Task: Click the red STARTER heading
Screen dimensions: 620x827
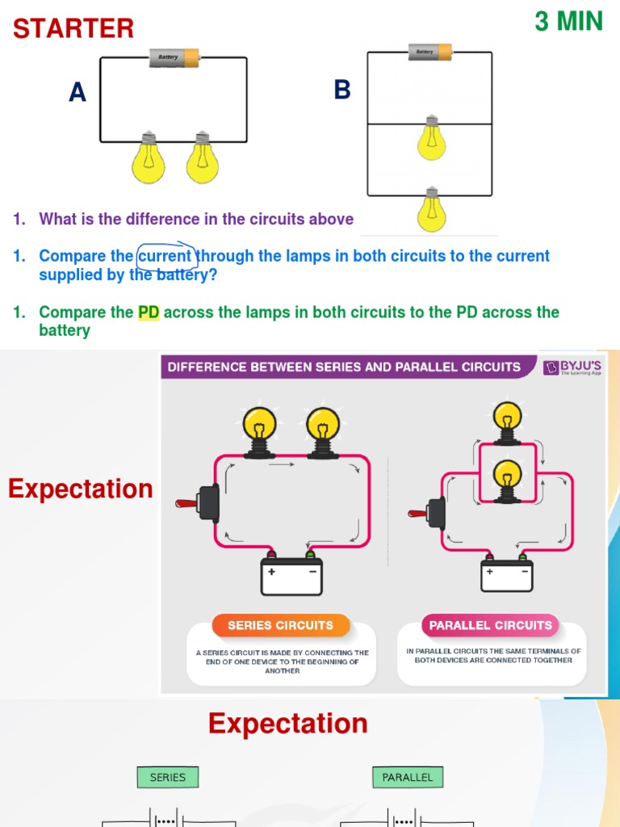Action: [x=73, y=28]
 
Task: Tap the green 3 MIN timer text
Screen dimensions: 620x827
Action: [x=568, y=22]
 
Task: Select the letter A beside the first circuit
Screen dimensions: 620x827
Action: [x=77, y=94]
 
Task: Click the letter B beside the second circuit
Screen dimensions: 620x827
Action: [x=342, y=90]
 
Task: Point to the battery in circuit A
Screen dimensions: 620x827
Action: [x=174, y=57]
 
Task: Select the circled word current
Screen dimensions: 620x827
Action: [x=165, y=256]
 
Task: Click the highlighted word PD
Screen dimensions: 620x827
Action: [x=149, y=313]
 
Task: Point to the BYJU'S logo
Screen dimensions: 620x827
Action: [x=572, y=368]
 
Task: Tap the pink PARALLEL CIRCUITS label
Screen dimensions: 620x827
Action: [x=490, y=625]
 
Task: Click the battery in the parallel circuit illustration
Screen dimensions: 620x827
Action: [x=506, y=573]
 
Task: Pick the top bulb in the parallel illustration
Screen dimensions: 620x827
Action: [x=506, y=420]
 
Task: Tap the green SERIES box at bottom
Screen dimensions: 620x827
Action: [x=168, y=778]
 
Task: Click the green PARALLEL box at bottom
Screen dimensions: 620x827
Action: [x=407, y=778]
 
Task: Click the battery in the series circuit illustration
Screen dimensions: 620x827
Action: [x=291, y=574]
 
